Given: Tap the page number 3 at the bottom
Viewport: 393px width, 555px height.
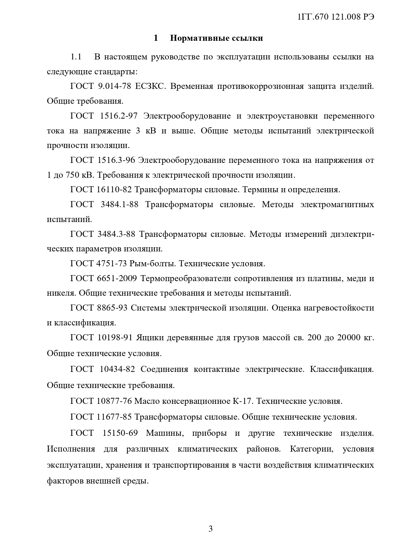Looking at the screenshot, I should (x=210, y=528).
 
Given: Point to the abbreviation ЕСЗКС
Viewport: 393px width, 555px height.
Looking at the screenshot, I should (x=150, y=86).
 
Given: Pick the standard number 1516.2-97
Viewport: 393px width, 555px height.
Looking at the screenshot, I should (x=118, y=116).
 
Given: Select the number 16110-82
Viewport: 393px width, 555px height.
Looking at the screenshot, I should (x=114, y=190).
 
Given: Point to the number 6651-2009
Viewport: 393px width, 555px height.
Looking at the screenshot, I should (x=117, y=278).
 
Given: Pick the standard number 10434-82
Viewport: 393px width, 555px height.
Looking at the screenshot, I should (x=117, y=369).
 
